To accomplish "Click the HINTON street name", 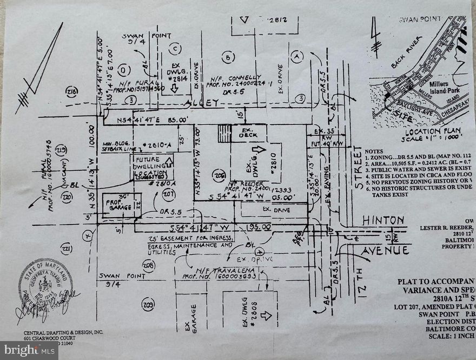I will coord(382,220).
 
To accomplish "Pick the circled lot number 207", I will coord(169,193).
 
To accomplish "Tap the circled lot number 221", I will coord(66,249).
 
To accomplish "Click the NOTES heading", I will coord(374,152).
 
